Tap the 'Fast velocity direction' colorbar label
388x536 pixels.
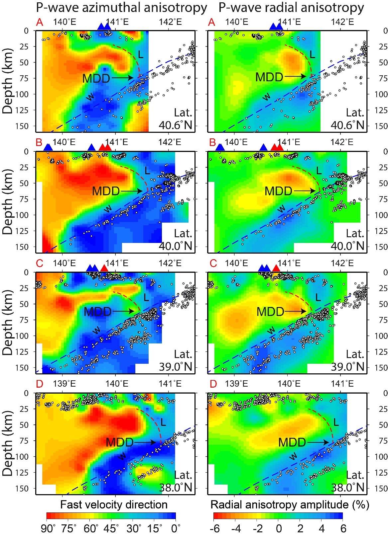[114, 505]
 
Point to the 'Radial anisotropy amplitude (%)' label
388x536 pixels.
[290, 505]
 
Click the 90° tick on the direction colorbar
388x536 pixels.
[49, 528]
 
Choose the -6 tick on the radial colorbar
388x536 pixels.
[215, 528]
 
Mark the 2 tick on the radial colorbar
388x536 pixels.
[300, 528]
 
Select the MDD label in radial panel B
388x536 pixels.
[278, 191]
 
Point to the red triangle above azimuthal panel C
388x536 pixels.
[104, 268]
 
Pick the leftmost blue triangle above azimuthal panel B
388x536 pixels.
[48, 147]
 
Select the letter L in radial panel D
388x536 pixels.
[336, 422]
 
